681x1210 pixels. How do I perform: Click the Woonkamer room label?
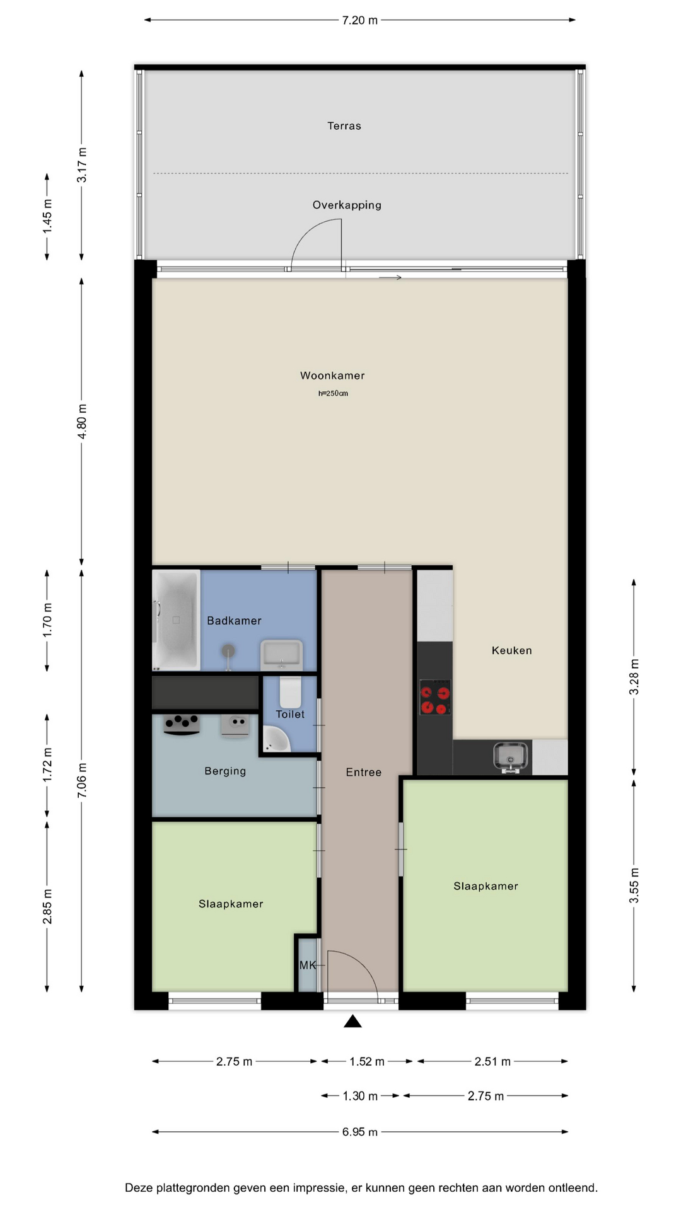click(332, 376)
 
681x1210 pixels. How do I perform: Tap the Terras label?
click(344, 126)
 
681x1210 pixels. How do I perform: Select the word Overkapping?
click(347, 205)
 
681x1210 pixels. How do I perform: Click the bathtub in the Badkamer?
click(176, 620)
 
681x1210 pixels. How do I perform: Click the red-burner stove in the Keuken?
click(435, 698)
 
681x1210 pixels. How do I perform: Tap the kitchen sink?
click(511, 756)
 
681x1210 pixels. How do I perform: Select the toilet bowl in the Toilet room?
click(291, 691)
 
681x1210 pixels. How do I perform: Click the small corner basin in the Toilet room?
click(276, 739)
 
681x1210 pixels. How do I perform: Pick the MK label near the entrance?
click(308, 965)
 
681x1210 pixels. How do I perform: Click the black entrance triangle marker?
click(352, 1021)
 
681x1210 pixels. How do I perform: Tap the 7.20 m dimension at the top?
click(360, 20)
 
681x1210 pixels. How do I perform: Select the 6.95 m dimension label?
click(360, 1132)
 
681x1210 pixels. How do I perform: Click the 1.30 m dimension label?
click(360, 1096)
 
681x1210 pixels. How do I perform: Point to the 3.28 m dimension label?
click(634, 677)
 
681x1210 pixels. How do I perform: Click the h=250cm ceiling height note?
click(333, 393)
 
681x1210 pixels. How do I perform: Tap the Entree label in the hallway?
click(364, 772)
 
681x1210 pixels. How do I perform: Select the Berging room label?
click(225, 771)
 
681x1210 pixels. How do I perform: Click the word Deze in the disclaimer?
click(139, 1188)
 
